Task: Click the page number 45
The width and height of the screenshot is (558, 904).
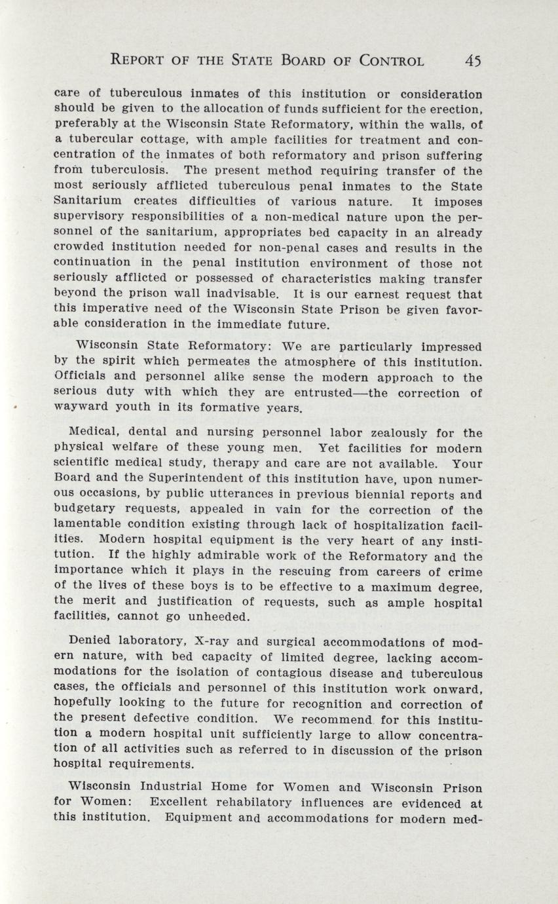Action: (473, 61)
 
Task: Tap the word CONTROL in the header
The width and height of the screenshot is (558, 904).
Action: (383, 61)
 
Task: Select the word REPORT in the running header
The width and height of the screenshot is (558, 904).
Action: (141, 61)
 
